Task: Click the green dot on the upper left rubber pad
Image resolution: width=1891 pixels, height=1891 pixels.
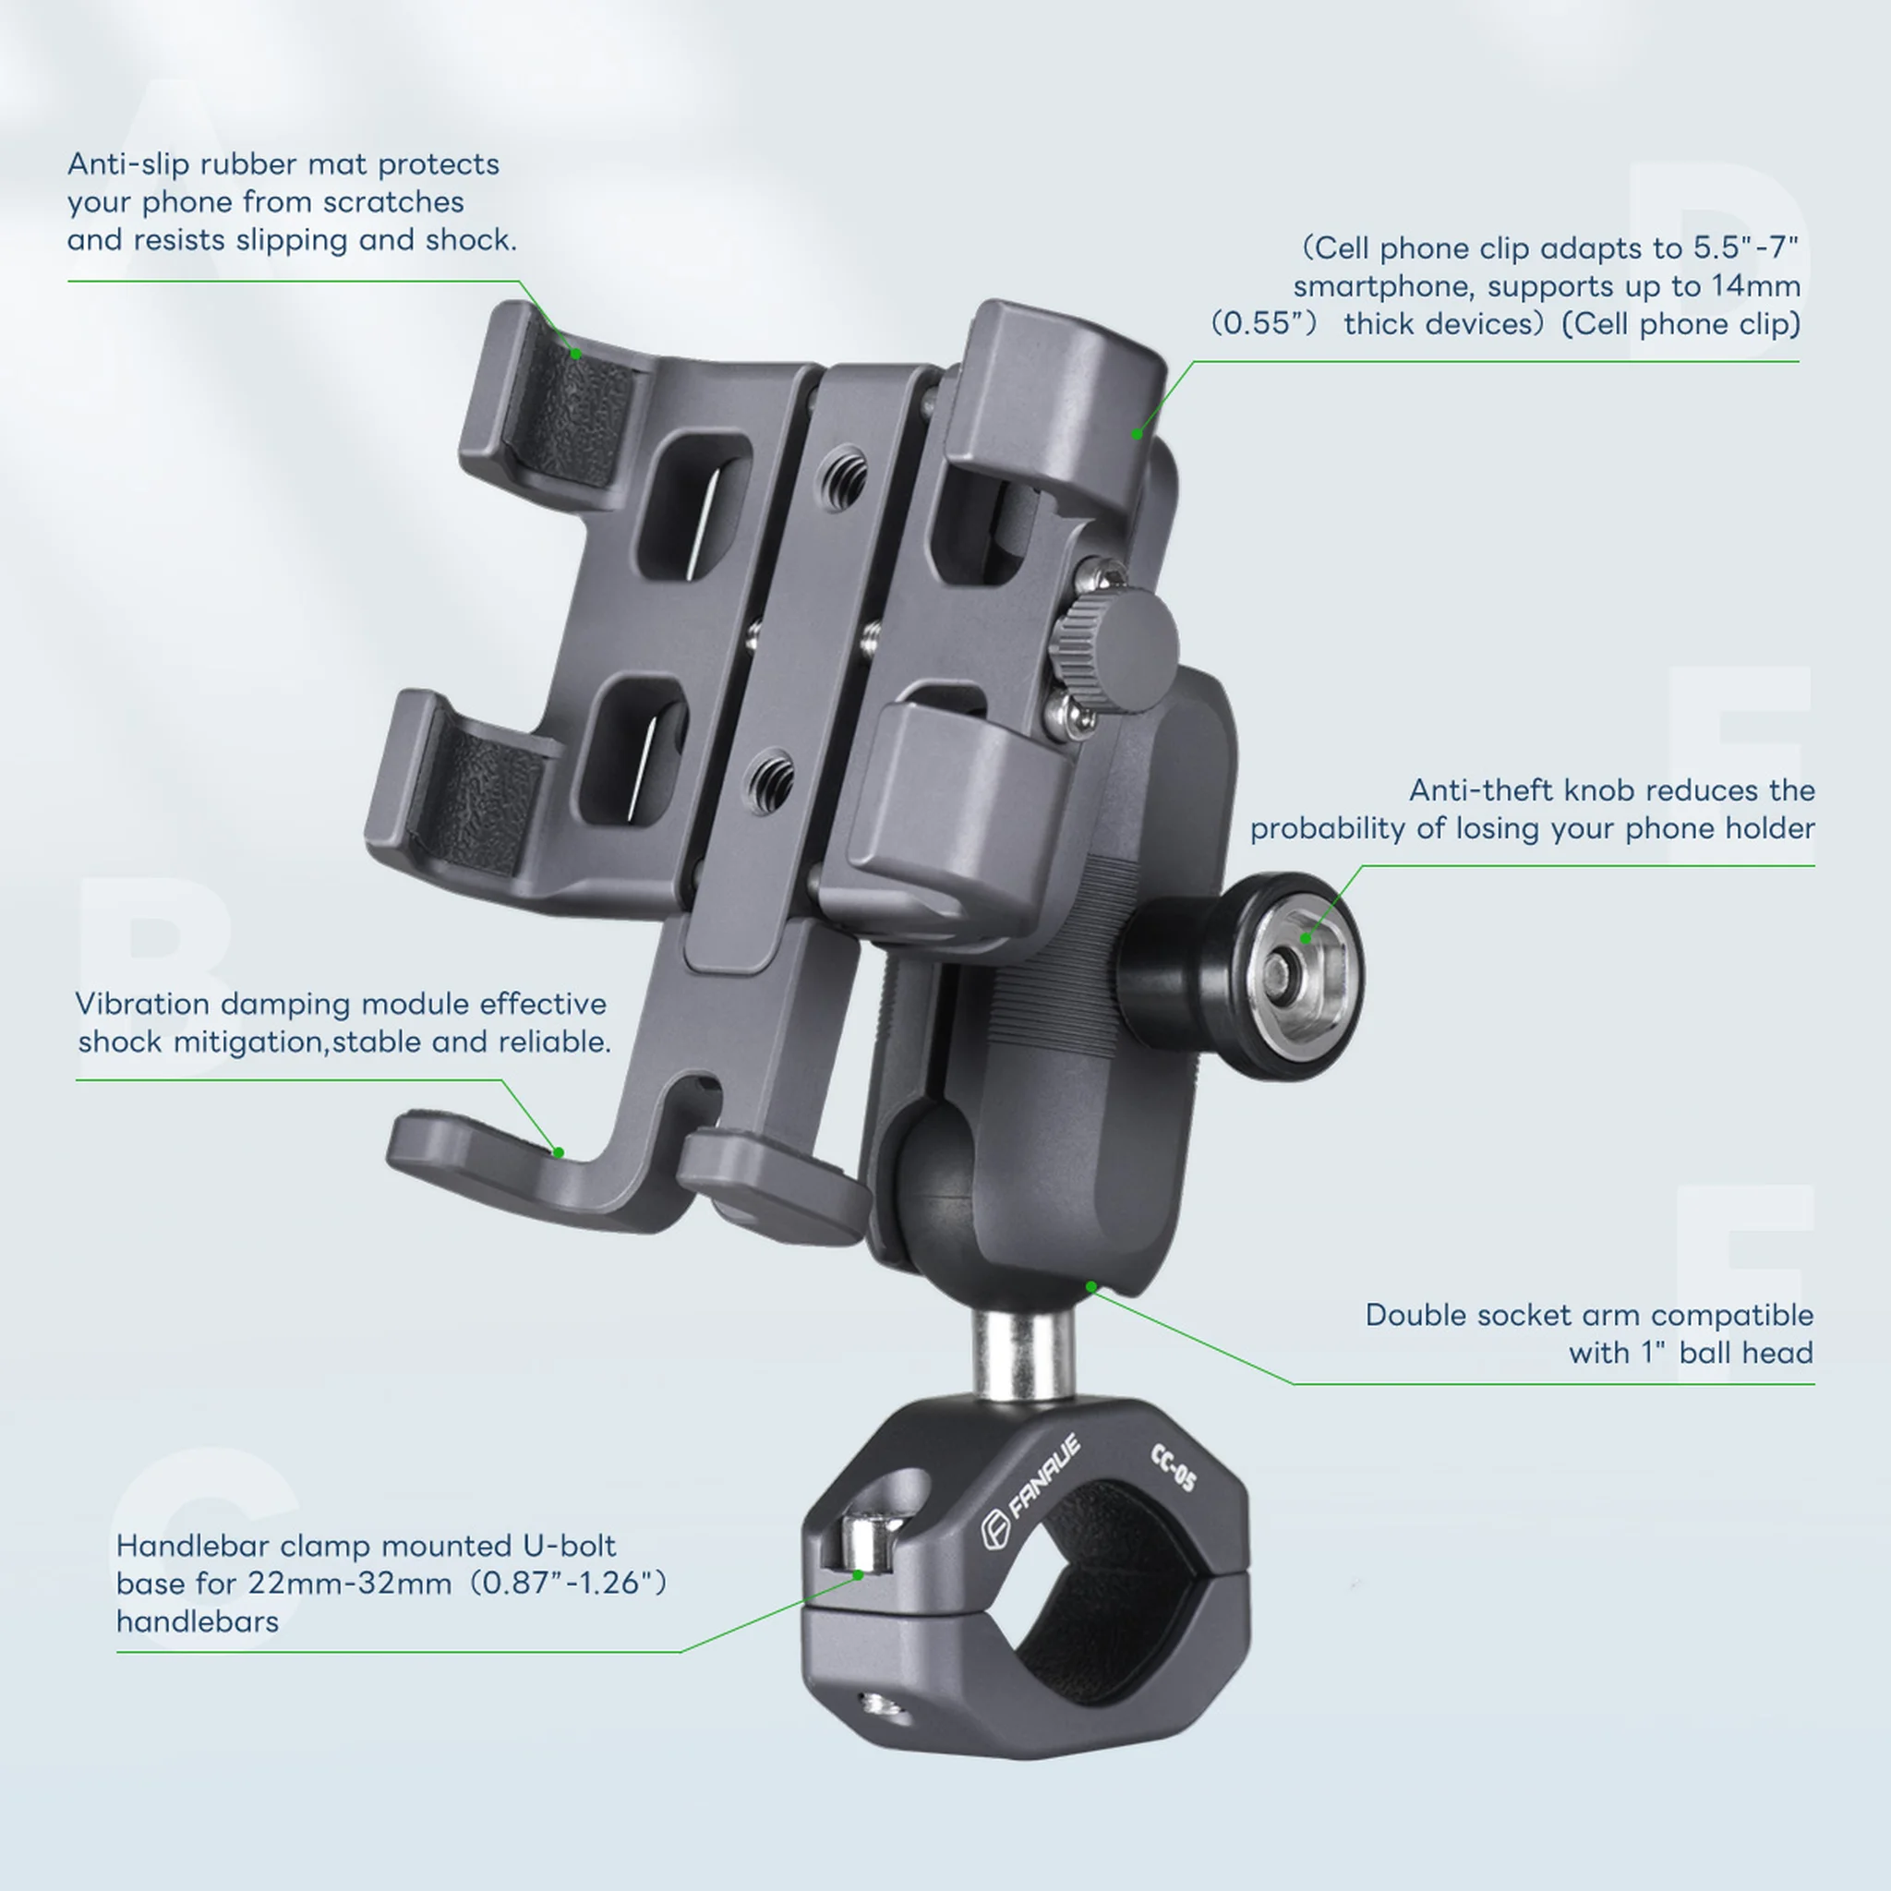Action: coord(576,354)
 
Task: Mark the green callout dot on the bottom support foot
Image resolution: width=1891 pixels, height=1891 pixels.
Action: coord(559,1153)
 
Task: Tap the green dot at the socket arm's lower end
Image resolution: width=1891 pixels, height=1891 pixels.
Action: coord(1091,1287)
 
